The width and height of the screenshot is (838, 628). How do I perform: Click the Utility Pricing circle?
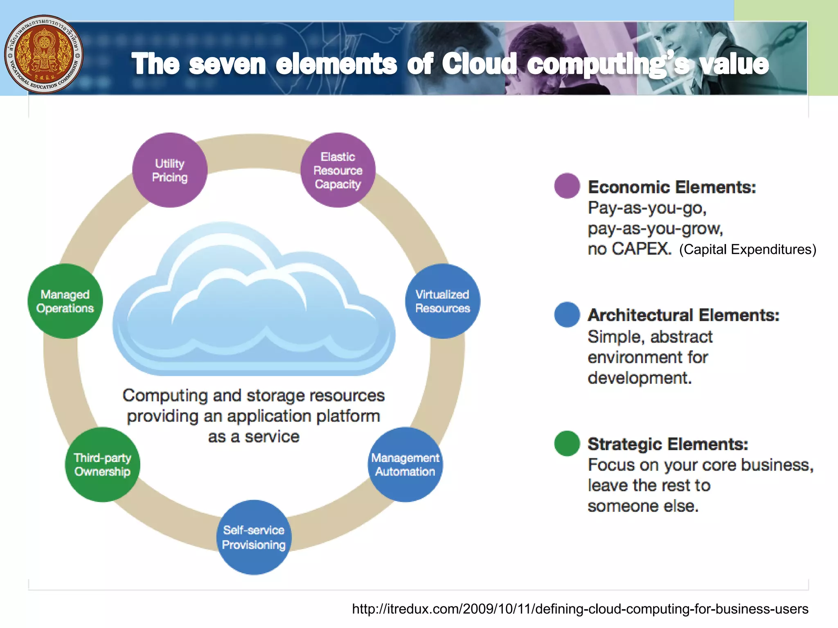(x=170, y=170)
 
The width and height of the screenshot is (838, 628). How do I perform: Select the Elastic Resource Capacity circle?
(x=338, y=170)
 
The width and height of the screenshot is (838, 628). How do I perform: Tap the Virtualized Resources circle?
(x=442, y=301)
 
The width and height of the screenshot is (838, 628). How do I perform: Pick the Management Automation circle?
(x=405, y=464)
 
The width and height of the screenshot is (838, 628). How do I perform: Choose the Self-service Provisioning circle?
(x=254, y=537)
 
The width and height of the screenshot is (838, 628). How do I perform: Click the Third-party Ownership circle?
(x=102, y=464)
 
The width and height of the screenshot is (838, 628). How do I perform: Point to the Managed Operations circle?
(x=65, y=301)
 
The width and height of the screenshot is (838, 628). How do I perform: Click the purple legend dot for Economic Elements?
(x=567, y=186)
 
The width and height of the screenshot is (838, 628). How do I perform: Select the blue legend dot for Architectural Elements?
(x=567, y=314)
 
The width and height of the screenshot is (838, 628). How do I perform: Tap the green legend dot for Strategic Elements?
(x=567, y=444)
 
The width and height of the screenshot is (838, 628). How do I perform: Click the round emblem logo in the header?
(x=44, y=54)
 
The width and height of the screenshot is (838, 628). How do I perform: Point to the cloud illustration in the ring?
(x=254, y=303)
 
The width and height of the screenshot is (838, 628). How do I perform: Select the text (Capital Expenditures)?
(x=748, y=249)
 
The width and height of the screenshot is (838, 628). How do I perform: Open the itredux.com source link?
(x=580, y=609)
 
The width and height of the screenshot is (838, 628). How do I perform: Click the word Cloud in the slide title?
(x=479, y=64)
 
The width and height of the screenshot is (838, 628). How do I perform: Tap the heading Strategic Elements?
(x=668, y=444)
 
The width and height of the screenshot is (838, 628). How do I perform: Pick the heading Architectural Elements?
(x=683, y=315)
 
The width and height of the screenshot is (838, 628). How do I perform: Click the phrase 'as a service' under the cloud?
(x=254, y=437)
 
